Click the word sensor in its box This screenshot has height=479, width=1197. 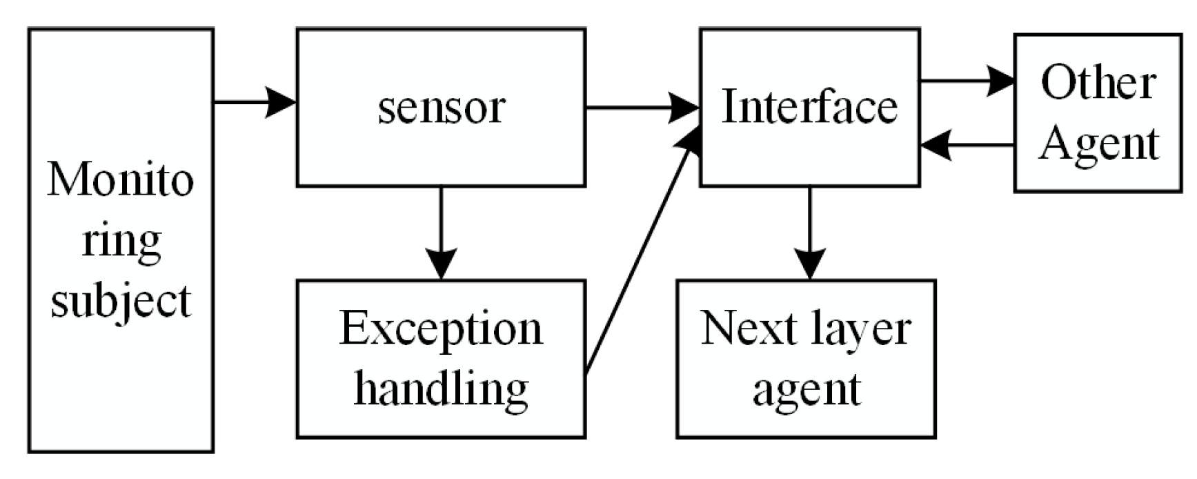click(442, 109)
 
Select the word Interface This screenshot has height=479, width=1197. click(809, 108)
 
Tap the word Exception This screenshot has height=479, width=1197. click(441, 330)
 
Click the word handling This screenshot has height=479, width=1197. click(441, 389)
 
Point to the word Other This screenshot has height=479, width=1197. click(1098, 83)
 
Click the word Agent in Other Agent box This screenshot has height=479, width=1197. click(1098, 144)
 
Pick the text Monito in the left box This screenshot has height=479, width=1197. click(121, 180)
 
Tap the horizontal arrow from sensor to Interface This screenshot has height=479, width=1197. click(642, 108)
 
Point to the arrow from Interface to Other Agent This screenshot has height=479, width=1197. click(966, 81)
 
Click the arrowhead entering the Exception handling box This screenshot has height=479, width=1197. click(441, 266)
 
